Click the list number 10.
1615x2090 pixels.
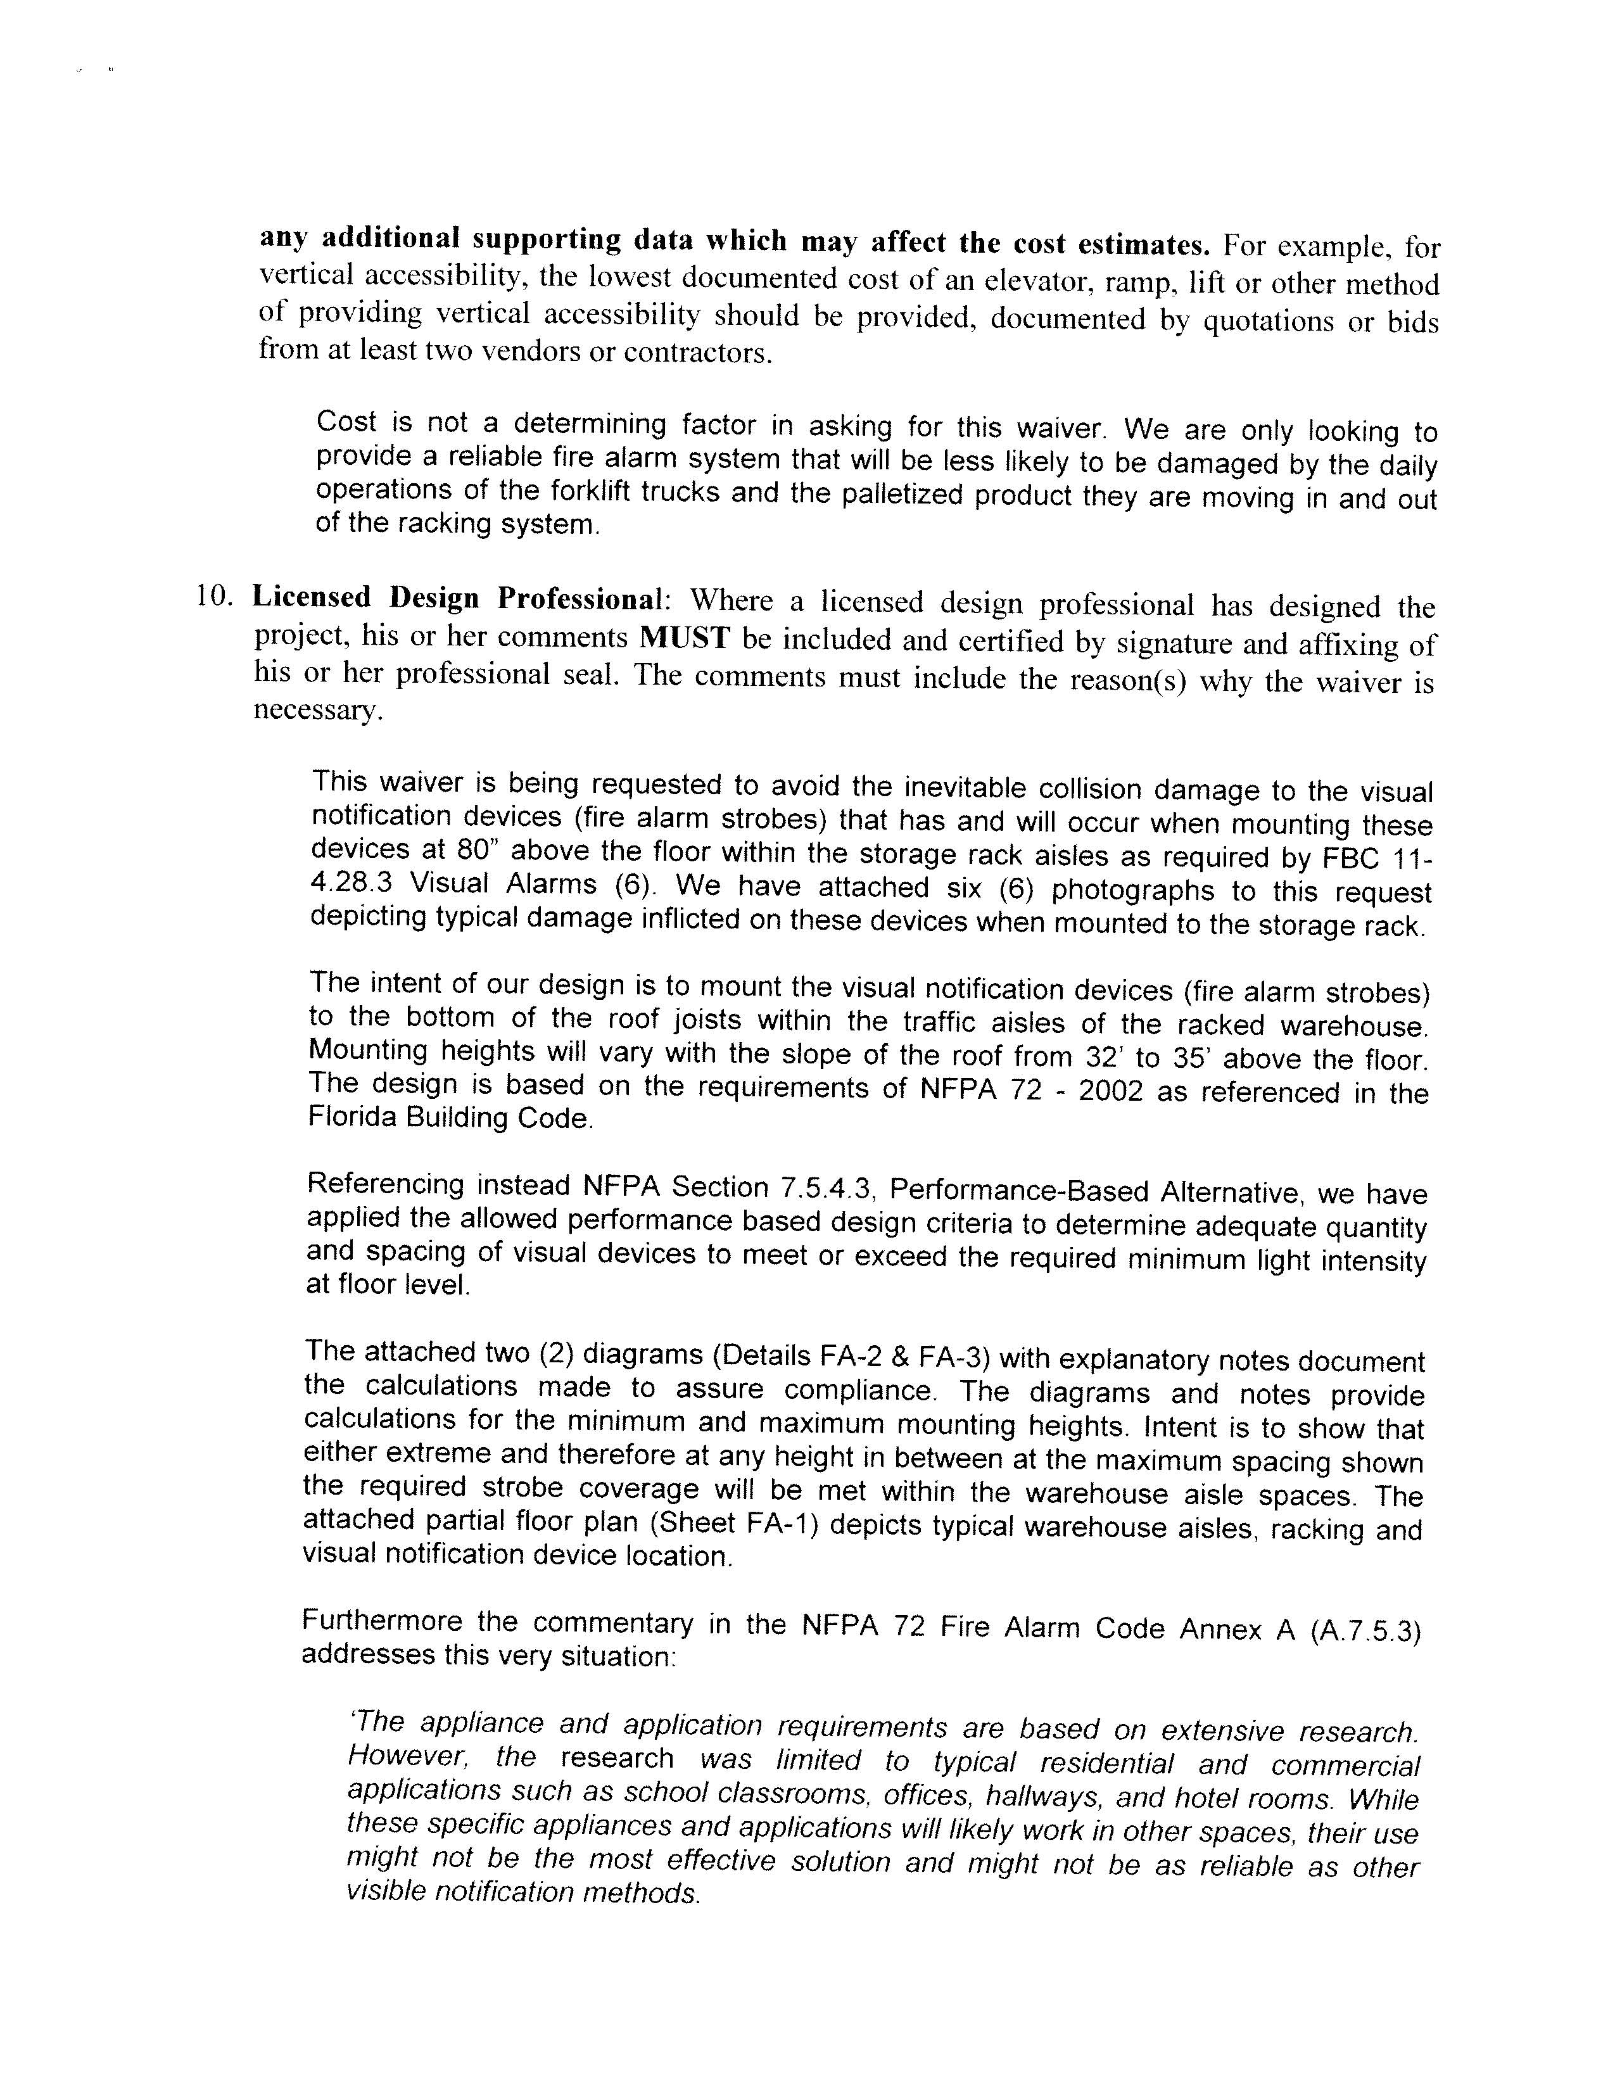pyautogui.click(x=214, y=595)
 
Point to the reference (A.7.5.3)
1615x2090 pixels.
pyautogui.click(x=1364, y=1630)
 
